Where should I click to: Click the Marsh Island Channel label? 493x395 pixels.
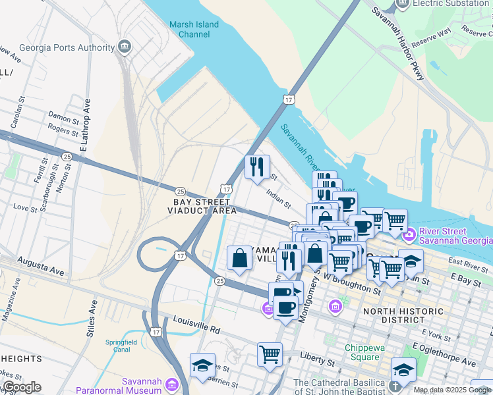tap(194, 29)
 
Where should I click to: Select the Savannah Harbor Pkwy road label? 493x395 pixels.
tap(398, 43)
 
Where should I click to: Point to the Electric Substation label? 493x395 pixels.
tap(451, 3)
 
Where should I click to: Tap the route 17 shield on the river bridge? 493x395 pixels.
tap(289, 99)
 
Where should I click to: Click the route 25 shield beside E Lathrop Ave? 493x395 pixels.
tap(67, 157)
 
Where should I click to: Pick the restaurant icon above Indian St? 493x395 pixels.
tap(257, 166)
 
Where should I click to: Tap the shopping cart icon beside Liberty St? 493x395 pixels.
tap(270, 354)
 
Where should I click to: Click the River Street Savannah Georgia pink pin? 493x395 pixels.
tap(409, 233)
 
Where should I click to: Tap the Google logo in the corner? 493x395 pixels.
tap(22, 387)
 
